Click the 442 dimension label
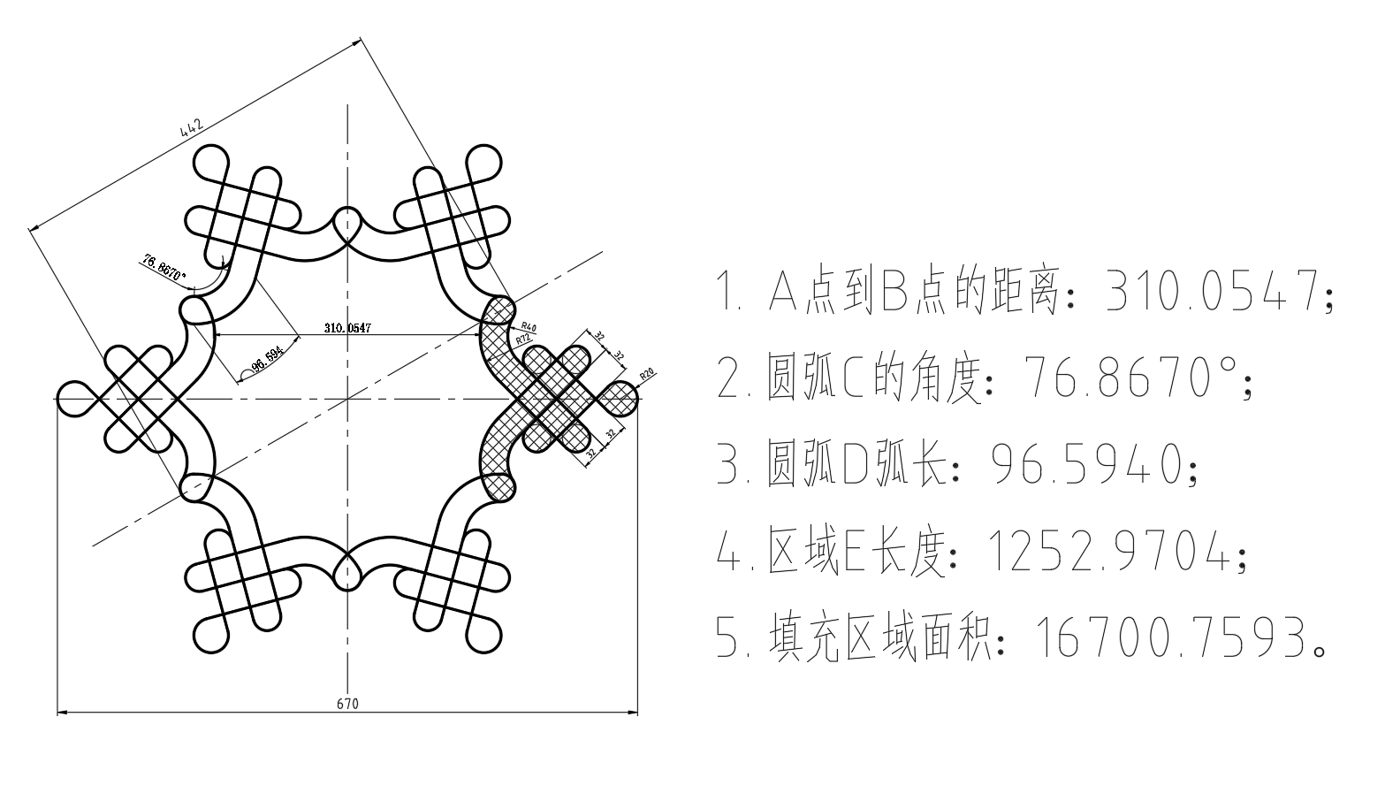[192, 127]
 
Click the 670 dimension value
[347, 704]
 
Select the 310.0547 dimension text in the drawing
[347, 328]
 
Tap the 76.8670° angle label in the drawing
[164, 268]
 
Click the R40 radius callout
[529, 326]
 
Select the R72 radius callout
[523, 339]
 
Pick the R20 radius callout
[647, 374]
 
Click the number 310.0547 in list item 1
[1213, 291]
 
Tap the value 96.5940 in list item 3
[1087, 464]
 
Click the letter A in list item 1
[783, 291]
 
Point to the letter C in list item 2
[853, 377]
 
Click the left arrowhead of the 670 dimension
[62, 713]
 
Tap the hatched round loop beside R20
[619, 399]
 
